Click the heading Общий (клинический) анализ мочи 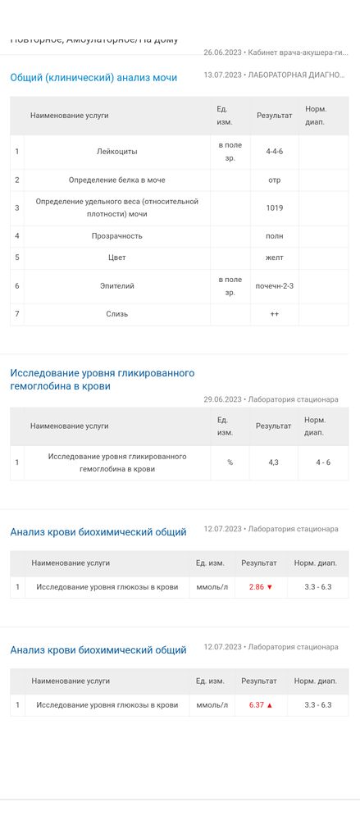coord(93,78)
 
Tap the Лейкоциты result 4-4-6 coord(274,152)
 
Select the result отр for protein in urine coord(274,180)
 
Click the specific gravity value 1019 coord(274,207)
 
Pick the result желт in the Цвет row coord(274,257)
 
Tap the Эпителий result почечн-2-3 coord(274,286)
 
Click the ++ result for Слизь coord(274,314)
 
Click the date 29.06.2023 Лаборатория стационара coord(271,399)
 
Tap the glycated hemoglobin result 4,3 coord(274,462)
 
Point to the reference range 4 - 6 coord(323,462)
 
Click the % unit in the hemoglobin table coord(230,462)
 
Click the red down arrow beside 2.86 coord(269,587)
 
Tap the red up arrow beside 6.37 coord(269,705)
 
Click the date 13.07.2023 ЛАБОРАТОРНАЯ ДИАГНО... coord(274,75)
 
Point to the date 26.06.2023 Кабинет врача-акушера coord(274,52)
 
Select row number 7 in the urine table coord(17,314)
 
